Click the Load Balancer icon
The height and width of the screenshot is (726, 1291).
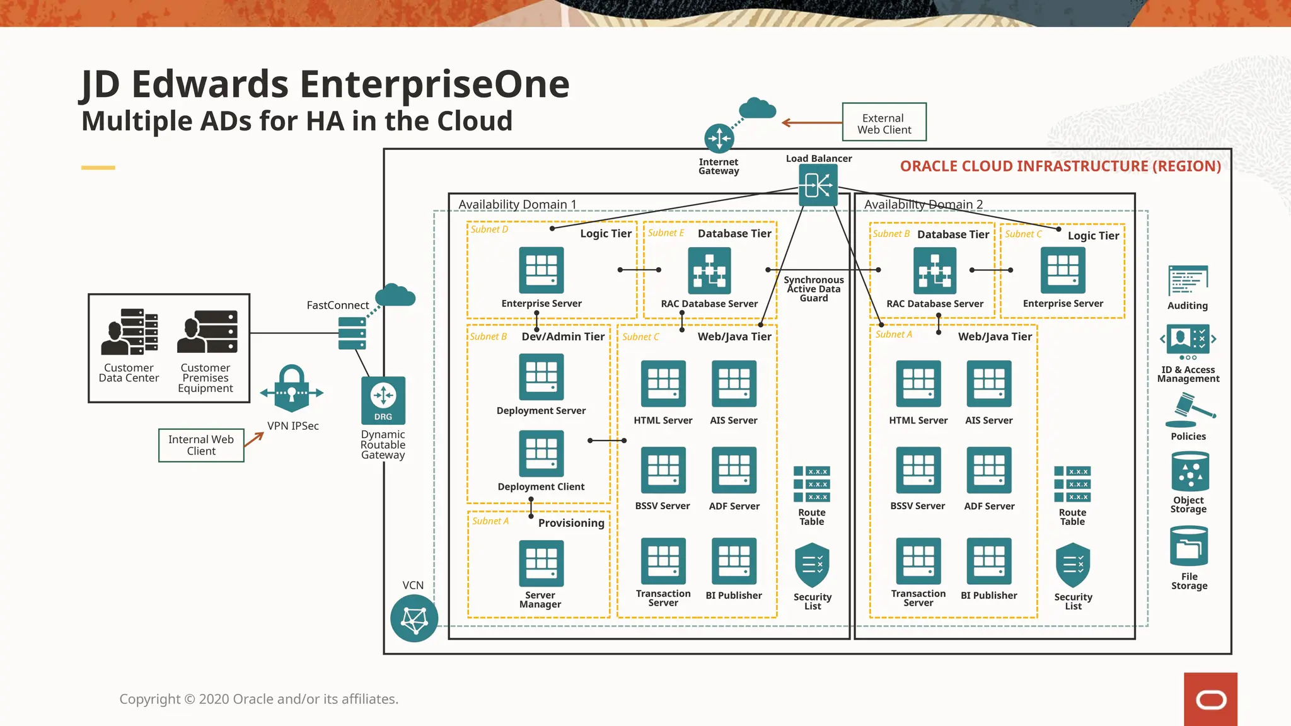pyautogui.click(x=818, y=185)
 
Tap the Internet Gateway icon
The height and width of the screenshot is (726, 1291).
pyautogui.click(x=719, y=138)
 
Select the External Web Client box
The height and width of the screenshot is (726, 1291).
pyautogui.click(x=884, y=122)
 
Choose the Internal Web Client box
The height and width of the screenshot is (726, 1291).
pyautogui.click(x=201, y=445)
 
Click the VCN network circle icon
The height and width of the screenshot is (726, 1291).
pyautogui.click(x=414, y=619)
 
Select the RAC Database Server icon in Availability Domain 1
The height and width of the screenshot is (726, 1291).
pyautogui.click(x=709, y=270)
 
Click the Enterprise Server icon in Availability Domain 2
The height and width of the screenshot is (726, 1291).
pyautogui.click(x=1063, y=270)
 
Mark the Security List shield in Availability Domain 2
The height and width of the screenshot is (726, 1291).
pyautogui.click(x=1072, y=565)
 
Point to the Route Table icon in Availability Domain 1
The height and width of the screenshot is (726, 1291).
pyautogui.click(x=812, y=484)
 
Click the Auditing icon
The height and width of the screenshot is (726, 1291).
pyautogui.click(x=1188, y=280)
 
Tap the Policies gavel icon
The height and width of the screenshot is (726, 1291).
pyautogui.click(x=1190, y=411)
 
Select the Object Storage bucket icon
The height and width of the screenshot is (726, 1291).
pyautogui.click(x=1190, y=471)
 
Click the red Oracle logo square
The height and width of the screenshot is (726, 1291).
pyautogui.click(x=1210, y=699)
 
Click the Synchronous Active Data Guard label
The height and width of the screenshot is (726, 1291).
pyautogui.click(x=813, y=289)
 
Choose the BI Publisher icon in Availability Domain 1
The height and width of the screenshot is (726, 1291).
pyautogui.click(x=733, y=561)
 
